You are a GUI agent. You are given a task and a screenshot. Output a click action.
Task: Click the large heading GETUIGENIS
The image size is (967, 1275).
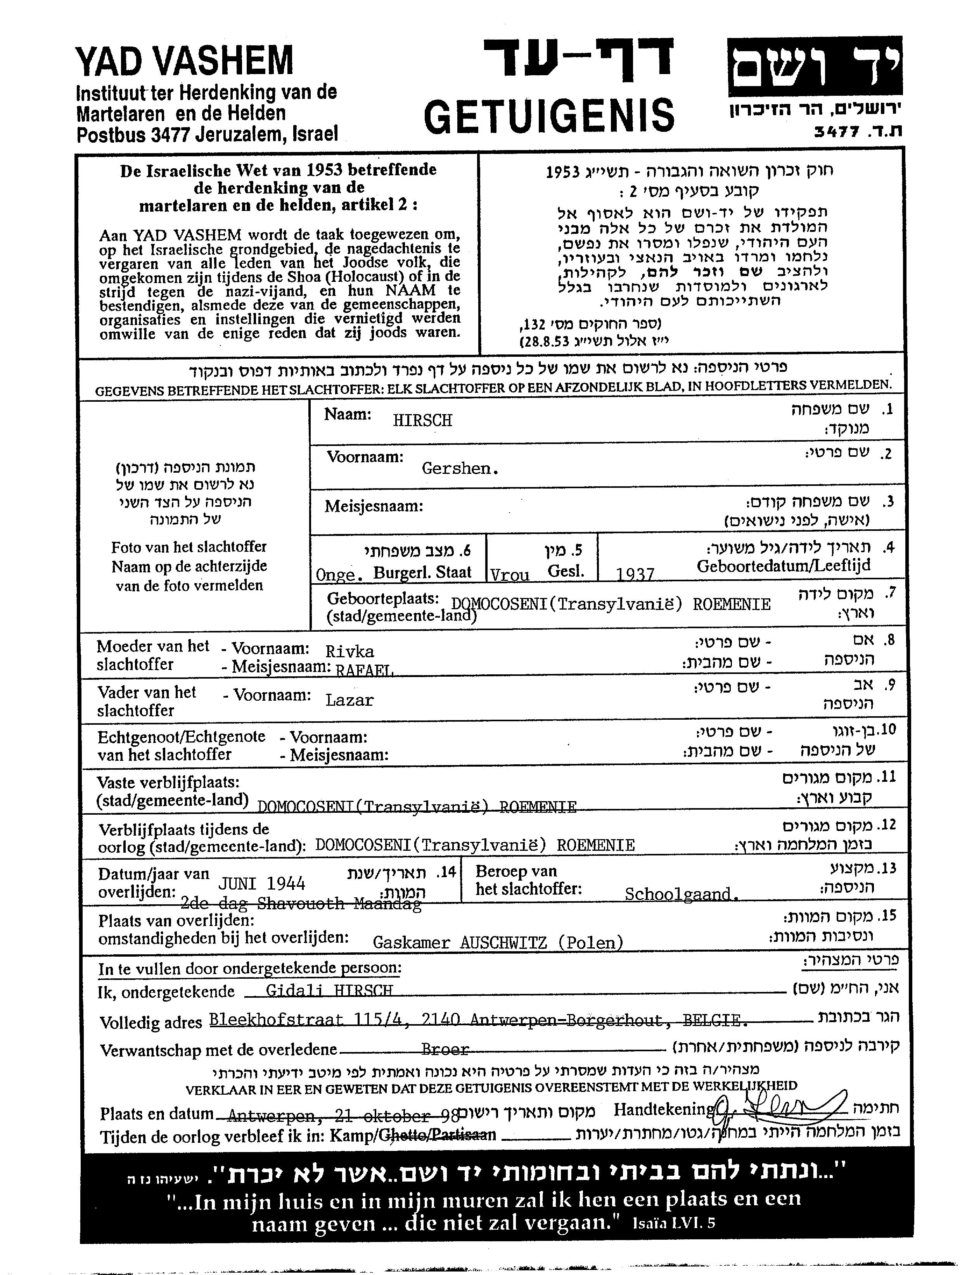pos(548,115)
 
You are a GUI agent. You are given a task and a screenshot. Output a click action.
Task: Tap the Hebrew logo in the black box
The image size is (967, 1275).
pos(814,66)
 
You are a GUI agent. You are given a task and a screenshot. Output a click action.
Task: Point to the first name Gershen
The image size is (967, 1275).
pos(460,468)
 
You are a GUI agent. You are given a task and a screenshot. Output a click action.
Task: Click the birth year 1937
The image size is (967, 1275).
pos(635,574)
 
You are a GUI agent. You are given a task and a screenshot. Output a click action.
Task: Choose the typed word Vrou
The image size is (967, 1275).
pos(509,575)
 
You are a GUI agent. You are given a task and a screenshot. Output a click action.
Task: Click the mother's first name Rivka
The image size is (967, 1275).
pos(349,651)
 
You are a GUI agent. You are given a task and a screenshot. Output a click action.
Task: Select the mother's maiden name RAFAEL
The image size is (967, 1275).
pos(365,670)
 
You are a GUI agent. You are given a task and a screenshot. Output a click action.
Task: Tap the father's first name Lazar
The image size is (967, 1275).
pos(349,700)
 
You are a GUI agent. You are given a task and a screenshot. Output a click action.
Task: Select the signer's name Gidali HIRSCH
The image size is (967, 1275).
pos(329,990)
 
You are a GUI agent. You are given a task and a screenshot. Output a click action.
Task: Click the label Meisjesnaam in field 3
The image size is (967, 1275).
pos(374,507)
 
